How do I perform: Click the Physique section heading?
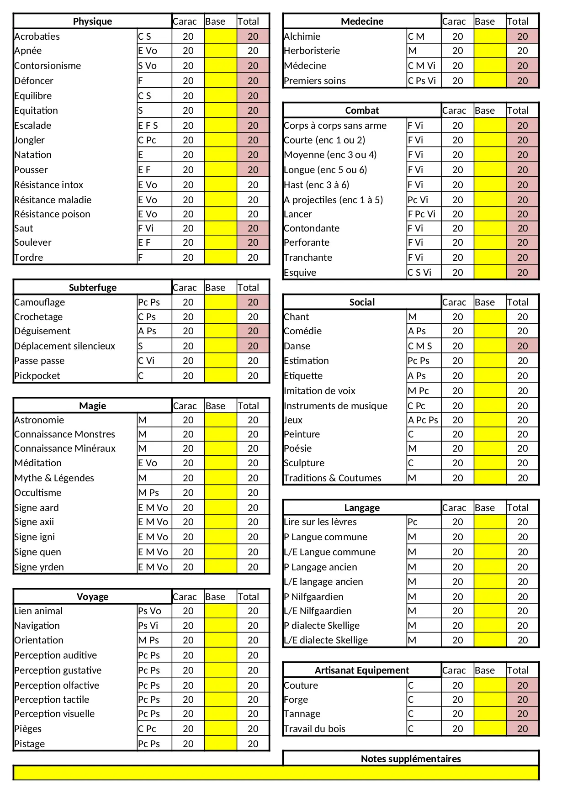(x=92, y=21)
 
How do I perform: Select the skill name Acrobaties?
(x=37, y=37)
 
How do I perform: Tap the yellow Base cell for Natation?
(x=220, y=155)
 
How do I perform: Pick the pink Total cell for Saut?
(x=253, y=228)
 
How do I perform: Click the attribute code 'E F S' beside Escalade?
(x=148, y=126)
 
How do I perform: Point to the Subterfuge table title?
(x=92, y=288)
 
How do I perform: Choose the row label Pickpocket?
(x=37, y=376)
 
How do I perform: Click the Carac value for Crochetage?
(x=188, y=317)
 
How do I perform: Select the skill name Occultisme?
(x=38, y=493)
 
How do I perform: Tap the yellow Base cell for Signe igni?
(x=220, y=537)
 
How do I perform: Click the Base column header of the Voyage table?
(x=215, y=597)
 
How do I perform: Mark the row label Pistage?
(x=30, y=744)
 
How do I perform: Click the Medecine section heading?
(x=362, y=21)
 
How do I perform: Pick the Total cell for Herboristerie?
(x=522, y=51)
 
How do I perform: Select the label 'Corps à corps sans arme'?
(x=335, y=126)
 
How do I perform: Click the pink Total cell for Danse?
(x=522, y=346)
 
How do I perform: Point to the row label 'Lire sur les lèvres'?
(x=320, y=522)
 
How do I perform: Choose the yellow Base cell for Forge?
(x=490, y=700)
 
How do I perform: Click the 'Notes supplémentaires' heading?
(x=411, y=759)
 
